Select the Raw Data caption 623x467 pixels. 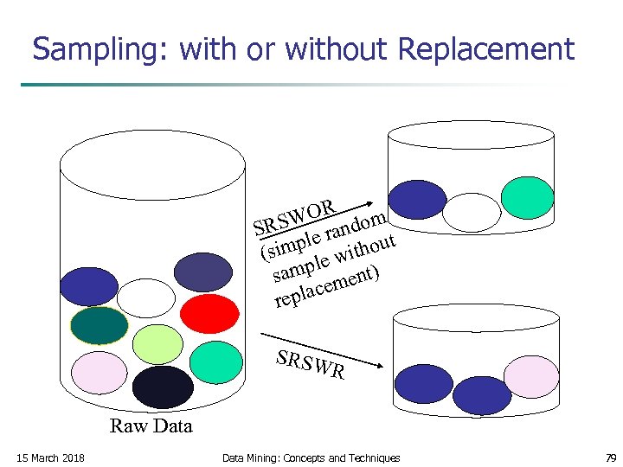click(151, 425)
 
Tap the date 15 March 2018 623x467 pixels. click(49, 457)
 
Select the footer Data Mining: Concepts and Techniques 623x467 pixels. click(311, 457)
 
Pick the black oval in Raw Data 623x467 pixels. click(163, 387)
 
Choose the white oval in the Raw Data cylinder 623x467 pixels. click(145, 298)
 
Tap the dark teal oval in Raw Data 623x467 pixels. click(99, 326)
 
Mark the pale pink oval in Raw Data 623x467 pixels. click(98, 373)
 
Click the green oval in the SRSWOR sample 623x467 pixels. click(525, 198)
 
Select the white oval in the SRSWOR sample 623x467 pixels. click(472, 211)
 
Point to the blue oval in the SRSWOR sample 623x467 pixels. click(418, 200)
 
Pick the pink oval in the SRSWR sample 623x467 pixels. click(531, 376)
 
